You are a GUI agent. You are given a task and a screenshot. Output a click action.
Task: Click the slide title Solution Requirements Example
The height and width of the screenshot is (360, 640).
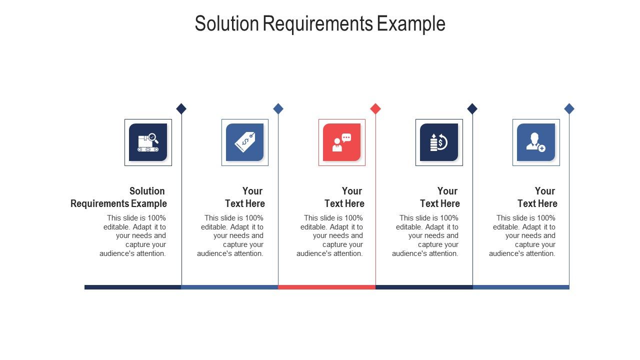[x=320, y=23]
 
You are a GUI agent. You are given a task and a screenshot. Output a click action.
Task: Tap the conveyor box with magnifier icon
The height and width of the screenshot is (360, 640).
[x=148, y=142]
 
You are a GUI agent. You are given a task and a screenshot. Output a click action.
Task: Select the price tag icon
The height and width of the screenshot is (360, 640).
[x=245, y=142]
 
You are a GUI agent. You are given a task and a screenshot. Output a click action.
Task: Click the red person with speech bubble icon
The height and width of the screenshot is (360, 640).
[x=342, y=142]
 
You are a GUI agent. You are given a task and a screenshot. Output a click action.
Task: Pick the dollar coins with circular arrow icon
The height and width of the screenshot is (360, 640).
[x=439, y=142]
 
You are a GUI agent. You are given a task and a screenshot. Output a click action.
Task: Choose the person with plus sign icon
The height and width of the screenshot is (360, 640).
[x=536, y=142]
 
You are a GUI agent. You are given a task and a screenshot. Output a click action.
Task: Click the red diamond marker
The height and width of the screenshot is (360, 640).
[x=375, y=108]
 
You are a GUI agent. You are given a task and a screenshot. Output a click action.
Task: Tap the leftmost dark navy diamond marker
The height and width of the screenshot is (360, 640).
[x=181, y=108]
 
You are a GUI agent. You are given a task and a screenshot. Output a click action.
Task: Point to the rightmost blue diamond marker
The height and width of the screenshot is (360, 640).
[x=569, y=108]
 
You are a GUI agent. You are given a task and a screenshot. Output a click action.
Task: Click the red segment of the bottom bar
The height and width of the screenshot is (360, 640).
[x=326, y=287]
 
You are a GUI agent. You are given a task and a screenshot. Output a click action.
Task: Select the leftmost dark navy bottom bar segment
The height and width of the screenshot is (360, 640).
[x=132, y=287]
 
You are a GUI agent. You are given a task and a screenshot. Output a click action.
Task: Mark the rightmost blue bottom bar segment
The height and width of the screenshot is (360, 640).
[x=521, y=287]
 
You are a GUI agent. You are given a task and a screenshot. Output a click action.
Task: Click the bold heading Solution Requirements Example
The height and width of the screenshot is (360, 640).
[x=119, y=197]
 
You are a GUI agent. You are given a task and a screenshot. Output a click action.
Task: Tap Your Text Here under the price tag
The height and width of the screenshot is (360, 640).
[x=245, y=197]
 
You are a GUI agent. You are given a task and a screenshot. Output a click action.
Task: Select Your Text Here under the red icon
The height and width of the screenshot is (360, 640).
[x=344, y=197]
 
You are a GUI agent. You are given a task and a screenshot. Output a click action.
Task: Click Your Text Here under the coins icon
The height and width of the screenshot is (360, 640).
[x=440, y=197]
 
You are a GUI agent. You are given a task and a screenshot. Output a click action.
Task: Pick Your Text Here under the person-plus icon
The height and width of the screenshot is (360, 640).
[x=537, y=197]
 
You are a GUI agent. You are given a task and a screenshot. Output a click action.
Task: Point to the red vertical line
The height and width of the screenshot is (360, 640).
[x=375, y=225]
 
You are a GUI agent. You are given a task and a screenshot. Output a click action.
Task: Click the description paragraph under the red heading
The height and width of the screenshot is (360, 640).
[x=330, y=235]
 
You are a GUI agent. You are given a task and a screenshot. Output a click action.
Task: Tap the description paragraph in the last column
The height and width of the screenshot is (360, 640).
[x=523, y=235]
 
